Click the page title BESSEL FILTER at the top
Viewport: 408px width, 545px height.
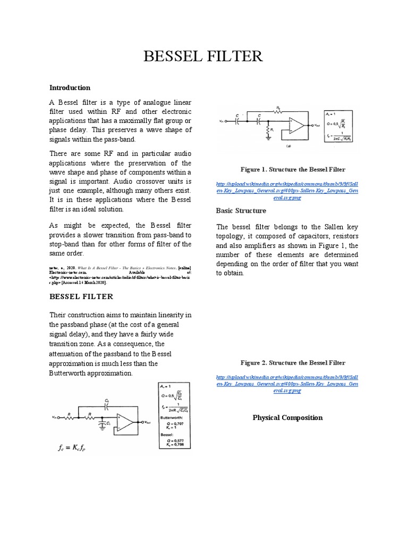click(204, 56)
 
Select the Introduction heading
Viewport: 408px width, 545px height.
click(70, 87)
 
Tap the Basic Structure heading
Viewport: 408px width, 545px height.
click(242, 210)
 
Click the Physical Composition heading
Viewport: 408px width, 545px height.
click(287, 417)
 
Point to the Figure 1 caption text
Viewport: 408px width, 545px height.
click(293, 169)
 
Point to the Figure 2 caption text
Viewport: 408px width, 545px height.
click(293, 362)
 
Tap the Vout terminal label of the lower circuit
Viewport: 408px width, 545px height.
click(147, 422)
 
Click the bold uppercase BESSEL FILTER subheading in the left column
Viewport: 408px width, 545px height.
click(81, 296)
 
